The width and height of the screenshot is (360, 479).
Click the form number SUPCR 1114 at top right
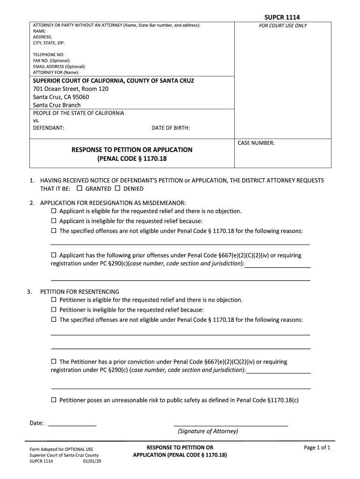point(282,17)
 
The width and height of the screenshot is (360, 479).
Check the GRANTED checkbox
point(79,189)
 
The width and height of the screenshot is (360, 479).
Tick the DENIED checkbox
point(118,189)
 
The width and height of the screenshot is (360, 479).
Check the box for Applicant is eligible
point(53,211)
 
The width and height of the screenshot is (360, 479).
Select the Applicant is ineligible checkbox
point(53,221)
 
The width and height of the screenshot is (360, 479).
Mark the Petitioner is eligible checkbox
point(53,299)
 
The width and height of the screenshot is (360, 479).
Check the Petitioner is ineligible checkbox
point(53,309)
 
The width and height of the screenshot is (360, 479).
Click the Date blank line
point(72,425)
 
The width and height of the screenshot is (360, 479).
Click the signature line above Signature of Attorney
point(230,425)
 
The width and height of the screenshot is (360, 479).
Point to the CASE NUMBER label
point(256,143)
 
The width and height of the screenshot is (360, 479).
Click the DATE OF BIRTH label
point(171,128)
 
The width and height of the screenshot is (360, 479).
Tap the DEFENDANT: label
point(49,128)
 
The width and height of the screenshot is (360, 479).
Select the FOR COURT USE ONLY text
point(283,26)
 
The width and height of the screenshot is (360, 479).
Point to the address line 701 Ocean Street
point(71,88)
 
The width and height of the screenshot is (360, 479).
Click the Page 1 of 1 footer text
point(317,448)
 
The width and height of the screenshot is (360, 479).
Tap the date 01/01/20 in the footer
point(92,461)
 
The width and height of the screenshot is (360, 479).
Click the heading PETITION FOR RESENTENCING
point(79,291)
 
